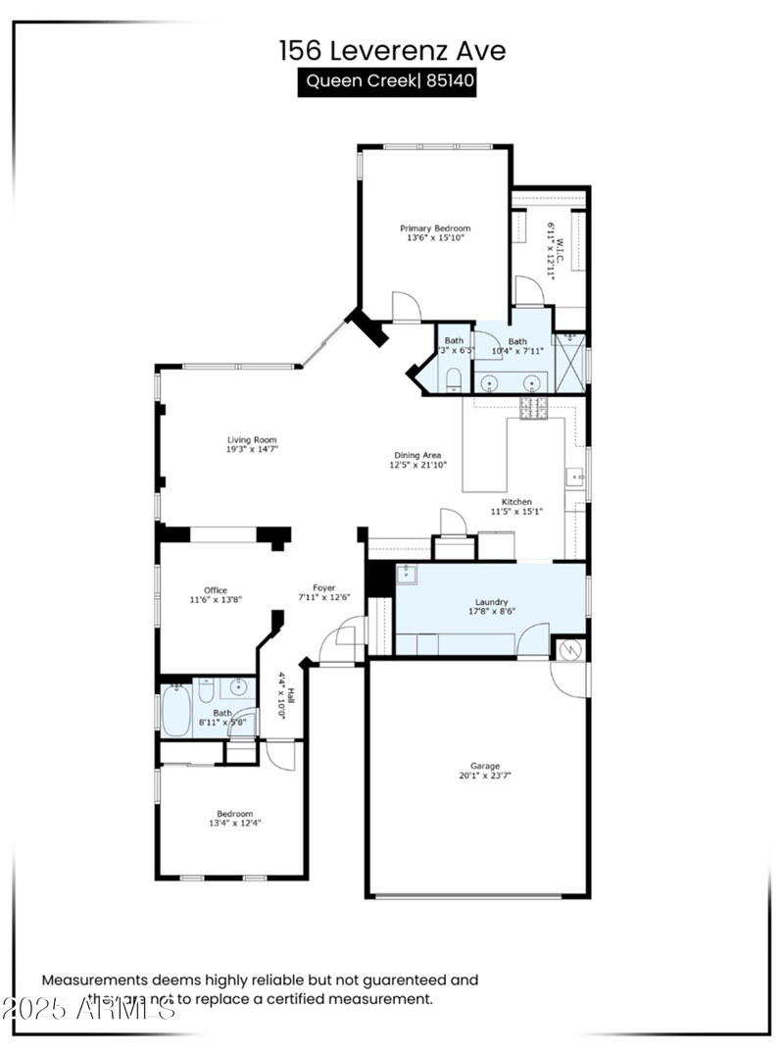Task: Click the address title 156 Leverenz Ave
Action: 392,50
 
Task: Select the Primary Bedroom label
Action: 434,228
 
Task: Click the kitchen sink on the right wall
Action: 575,479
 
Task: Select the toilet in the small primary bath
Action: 454,378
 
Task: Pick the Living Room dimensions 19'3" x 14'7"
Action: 252,448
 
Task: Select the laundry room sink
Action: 406,574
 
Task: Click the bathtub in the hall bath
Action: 176,709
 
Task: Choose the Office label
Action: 216,590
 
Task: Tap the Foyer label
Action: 323,587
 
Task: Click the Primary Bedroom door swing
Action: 406,307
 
